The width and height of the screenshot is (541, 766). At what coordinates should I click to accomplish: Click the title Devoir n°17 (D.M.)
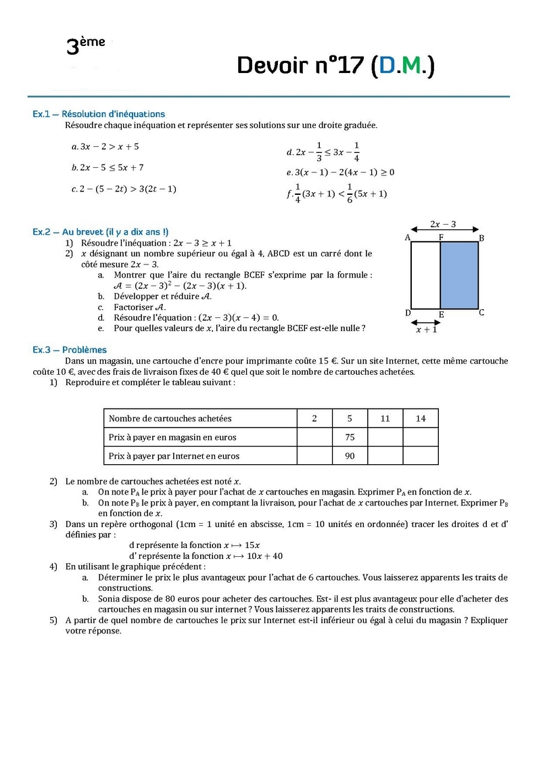point(335,65)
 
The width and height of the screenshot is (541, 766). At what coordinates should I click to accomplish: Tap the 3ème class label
point(85,45)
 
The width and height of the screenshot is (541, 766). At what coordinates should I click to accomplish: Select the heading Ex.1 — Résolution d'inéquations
point(99,114)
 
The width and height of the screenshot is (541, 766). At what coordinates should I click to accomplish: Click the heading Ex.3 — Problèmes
point(70,350)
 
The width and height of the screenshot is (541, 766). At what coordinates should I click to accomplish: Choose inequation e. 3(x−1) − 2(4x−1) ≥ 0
point(341,172)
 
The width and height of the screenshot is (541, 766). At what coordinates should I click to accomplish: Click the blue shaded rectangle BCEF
point(459,275)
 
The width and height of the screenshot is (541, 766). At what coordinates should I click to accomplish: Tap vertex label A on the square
point(408,238)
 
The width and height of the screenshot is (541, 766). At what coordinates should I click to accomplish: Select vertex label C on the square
point(481,313)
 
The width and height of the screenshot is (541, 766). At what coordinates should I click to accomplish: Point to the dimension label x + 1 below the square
point(426,330)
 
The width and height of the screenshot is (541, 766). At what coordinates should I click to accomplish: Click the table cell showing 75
point(350,437)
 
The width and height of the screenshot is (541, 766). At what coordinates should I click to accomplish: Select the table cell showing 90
point(350,456)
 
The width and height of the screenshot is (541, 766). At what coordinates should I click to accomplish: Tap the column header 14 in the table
point(421,418)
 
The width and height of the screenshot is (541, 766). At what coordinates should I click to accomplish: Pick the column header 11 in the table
point(385,418)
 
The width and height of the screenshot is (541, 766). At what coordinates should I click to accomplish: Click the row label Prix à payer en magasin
point(172,437)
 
